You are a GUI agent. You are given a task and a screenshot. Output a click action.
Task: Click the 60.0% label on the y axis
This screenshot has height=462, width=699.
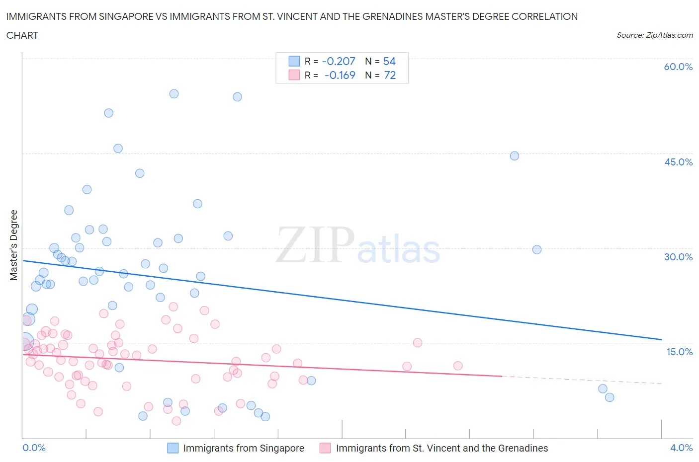pyautogui.click(x=678, y=67)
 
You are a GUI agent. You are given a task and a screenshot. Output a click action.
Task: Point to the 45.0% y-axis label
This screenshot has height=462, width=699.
pyautogui.click(x=678, y=162)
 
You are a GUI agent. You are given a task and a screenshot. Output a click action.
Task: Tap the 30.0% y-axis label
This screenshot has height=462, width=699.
pyautogui.click(x=678, y=257)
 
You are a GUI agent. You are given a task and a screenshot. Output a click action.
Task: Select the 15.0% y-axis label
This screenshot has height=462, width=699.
pyautogui.click(x=678, y=352)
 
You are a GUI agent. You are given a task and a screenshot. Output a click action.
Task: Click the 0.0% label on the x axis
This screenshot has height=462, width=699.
pyautogui.click(x=34, y=448)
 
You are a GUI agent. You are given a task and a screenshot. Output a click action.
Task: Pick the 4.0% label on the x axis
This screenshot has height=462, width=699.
pyautogui.click(x=681, y=448)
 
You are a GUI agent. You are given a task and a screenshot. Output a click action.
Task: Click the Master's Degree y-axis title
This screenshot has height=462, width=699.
pyautogui.click(x=14, y=245)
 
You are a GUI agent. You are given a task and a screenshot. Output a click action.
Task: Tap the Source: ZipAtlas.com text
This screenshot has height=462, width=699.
pyautogui.click(x=654, y=35)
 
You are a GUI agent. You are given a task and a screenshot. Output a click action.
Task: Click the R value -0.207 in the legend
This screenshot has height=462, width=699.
pyautogui.click(x=339, y=62)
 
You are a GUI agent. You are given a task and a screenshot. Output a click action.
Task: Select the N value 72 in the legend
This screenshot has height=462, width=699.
pyautogui.click(x=390, y=76)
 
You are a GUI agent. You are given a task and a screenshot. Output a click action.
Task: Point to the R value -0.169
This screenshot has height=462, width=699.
pyautogui.click(x=340, y=76)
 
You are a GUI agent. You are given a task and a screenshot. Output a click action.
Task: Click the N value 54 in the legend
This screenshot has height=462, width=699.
pyautogui.click(x=389, y=62)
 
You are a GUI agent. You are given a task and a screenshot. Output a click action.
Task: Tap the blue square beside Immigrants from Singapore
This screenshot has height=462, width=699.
pyautogui.click(x=173, y=448)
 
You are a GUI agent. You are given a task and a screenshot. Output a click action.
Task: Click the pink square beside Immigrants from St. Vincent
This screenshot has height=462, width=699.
pyautogui.click(x=325, y=448)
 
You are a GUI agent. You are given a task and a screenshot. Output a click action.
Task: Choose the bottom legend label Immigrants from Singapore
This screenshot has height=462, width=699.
pyautogui.click(x=244, y=448)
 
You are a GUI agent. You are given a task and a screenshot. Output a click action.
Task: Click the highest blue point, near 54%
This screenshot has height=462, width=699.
pyautogui.click(x=174, y=94)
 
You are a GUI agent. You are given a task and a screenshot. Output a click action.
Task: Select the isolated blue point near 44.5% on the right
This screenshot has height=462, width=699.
pyautogui.click(x=515, y=156)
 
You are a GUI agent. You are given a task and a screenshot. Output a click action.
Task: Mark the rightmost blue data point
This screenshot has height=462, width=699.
pyautogui.click(x=610, y=397)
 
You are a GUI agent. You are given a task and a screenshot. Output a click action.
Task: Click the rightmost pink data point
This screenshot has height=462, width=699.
pyautogui.click(x=458, y=366)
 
